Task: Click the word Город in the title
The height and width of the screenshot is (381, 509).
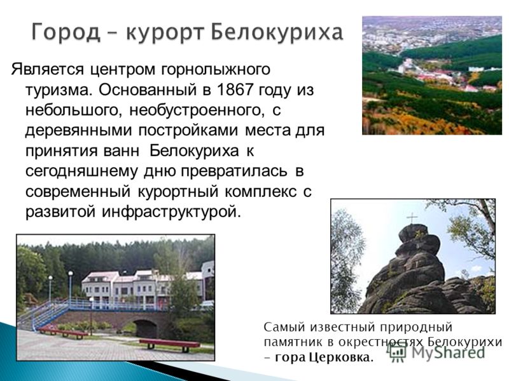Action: (x=66, y=32)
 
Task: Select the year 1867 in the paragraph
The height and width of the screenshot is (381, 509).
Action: (x=235, y=90)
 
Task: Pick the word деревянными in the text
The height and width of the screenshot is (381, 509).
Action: (x=79, y=131)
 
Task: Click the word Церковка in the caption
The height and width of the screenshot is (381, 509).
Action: (x=339, y=358)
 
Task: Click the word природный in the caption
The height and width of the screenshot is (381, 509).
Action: (x=416, y=328)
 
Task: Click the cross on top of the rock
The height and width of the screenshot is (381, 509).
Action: (x=412, y=218)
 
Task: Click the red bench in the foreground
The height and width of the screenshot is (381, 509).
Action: (x=169, y=344)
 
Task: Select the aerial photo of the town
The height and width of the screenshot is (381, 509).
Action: (x=432, y=75)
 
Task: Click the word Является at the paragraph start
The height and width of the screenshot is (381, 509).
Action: (x=47, y=70)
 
